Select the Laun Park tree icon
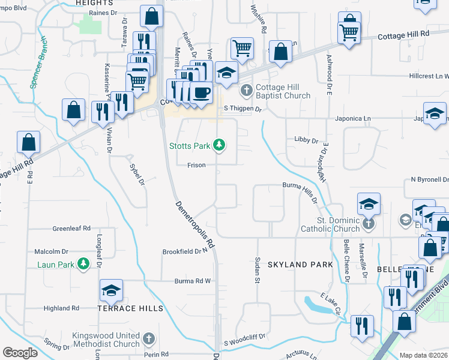point(84,263)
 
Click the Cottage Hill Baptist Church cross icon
point(246,91)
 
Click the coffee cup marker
point(201,93)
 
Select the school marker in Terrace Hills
point(111,291)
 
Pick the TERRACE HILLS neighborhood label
point(130,308)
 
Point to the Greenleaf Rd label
point(71,229)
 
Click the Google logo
point(20,352)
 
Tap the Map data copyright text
point(423,355)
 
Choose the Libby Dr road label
point(306,140)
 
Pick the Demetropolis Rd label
point(195,225)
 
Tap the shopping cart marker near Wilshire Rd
point(241,47)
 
